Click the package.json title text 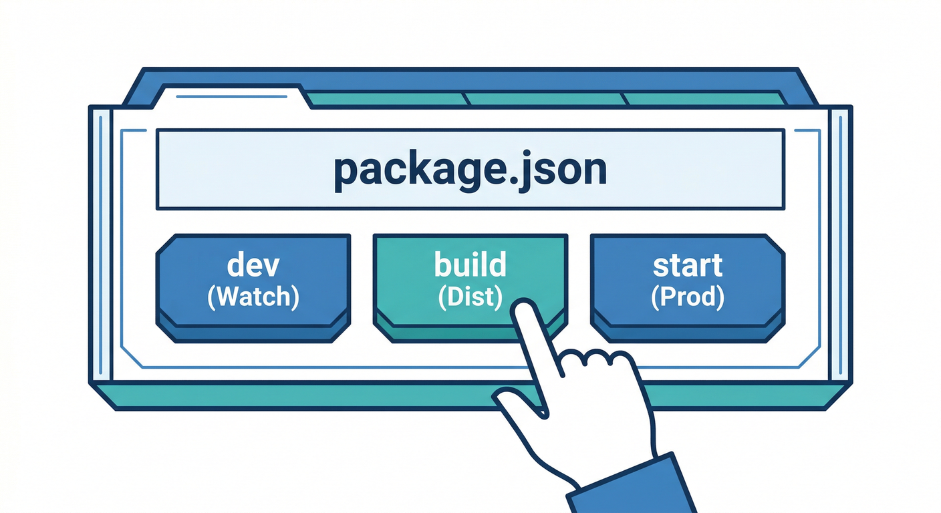[x=470, y=169]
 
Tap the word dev [x=253, y=265]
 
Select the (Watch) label [x=253, y=297]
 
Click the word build [x=470, y=265]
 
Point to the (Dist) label [x=470, y=297]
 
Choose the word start [x=688, y=265]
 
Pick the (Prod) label [x=688, y=297]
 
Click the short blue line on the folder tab [x=231, y=97]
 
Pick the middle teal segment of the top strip [x=545, y=100]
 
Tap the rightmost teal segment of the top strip [x=705, y=100]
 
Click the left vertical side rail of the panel [x=100, y=244]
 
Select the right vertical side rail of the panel [x=840, y=244]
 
